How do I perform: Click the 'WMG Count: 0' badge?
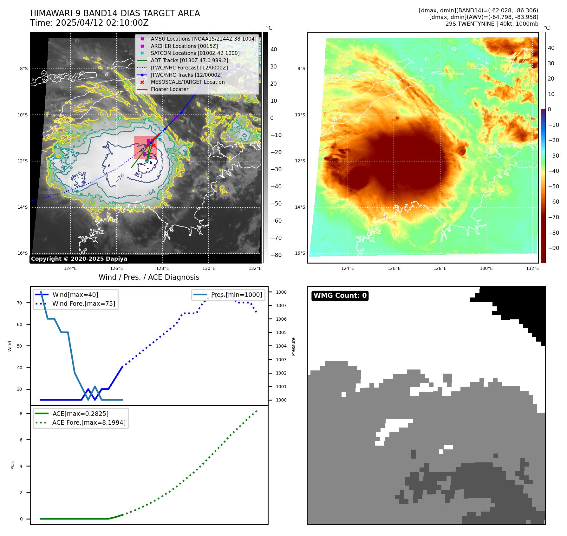click(340, 296)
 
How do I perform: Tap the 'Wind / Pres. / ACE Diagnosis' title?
click(149, 277)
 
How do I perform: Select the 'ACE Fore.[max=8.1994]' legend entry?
click(89, 422)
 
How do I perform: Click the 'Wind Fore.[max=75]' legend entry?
click(84, 304)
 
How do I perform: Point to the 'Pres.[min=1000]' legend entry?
click(236, 295)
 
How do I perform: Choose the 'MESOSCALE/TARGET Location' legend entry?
click(187, 82)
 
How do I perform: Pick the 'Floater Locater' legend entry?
click(169, 89)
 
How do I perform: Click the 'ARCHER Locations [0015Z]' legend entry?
click(184, 46)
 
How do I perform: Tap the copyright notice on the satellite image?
click(79, 258)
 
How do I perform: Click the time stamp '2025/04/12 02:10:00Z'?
click(102, 23)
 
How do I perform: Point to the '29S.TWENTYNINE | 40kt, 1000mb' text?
click(492, 24)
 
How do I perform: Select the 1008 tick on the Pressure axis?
click(281, 292)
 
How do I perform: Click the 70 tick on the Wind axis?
click(20, 303)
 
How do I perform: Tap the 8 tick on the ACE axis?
click(21, 414)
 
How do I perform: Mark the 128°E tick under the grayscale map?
click(163, 268)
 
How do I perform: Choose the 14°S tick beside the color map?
click(300, 207)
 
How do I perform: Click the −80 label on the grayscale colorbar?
click(276, 255)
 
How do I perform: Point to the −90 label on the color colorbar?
click(553, 248)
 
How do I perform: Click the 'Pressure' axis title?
click(293, 346)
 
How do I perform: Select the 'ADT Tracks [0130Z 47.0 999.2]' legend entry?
click(189, 60)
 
